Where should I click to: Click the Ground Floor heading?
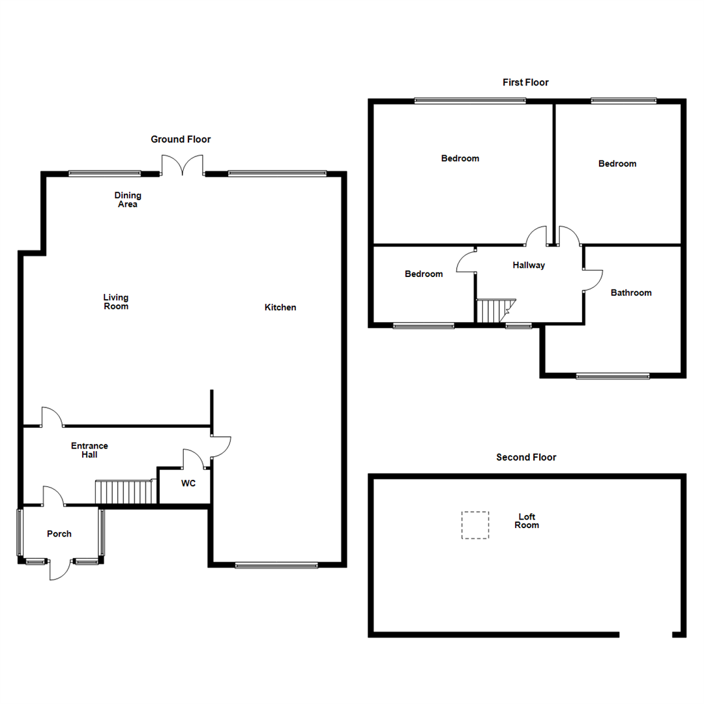point(181,139)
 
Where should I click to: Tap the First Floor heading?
point(525,83)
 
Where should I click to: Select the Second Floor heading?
point(526,458)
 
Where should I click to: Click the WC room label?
point(188,484)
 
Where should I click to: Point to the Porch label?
point(59,534)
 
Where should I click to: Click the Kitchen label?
point(280,307)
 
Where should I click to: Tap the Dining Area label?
point(128,199)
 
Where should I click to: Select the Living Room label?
point(116,302)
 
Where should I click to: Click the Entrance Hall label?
point(89,450)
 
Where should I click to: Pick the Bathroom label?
point(631,293)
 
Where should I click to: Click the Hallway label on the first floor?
point(529,265)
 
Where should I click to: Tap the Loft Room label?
point(527,521)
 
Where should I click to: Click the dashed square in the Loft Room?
point(475,525)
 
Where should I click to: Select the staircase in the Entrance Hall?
point(124,492)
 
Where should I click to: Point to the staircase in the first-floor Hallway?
point(495,311)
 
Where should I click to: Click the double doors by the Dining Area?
point(183,166)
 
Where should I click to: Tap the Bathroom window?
point(613,375)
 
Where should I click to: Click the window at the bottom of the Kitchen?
point(276,565)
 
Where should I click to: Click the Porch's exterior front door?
point(59,568)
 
